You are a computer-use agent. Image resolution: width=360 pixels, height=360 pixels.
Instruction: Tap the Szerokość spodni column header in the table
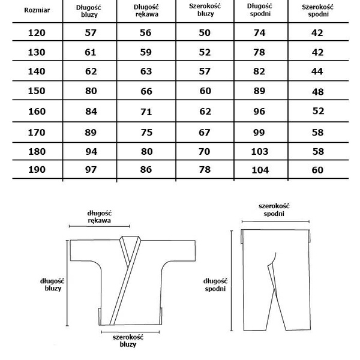317,10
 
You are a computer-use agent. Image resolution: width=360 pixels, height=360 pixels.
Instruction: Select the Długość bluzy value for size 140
91,71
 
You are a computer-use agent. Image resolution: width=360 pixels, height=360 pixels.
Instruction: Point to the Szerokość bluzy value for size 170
205,132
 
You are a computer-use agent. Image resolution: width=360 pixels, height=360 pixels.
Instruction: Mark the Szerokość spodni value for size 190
317,170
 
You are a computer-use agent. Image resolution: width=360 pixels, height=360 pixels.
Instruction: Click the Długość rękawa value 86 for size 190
146,170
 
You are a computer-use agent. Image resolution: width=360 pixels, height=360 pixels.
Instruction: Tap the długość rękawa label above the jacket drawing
99,216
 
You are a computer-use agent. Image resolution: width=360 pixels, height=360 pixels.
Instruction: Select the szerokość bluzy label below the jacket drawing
124,341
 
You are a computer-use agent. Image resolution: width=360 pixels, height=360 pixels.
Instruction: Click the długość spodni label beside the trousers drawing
215,284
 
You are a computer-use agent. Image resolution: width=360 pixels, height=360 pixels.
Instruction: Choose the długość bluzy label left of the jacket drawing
52,284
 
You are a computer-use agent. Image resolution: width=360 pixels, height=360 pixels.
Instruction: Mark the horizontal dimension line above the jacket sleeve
100,226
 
